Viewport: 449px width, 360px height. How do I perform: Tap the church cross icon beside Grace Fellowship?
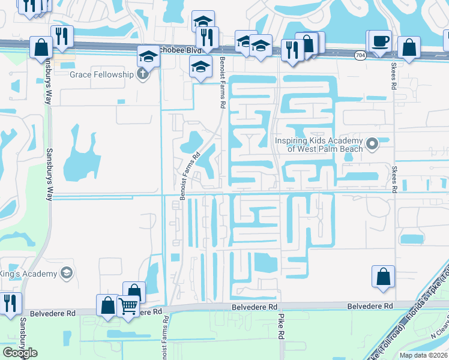(142, 75)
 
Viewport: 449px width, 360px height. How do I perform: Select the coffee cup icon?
(380, 41)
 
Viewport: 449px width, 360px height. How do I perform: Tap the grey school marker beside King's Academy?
(66, 274)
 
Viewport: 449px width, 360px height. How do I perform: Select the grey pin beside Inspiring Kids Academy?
(373, 144)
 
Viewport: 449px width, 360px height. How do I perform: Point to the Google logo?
(20, 353)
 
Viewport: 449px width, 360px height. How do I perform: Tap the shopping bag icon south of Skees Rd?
(383, 277)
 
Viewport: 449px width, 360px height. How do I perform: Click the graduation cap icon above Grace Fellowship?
(148, 57)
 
